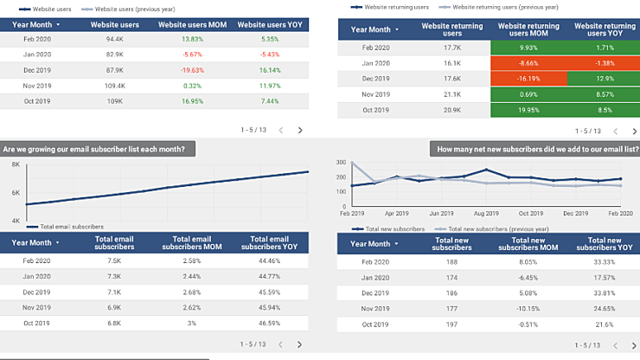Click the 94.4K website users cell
coord(114,39)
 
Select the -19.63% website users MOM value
coord(192,70)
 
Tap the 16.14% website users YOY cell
coord(269,70)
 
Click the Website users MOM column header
coord(192,23)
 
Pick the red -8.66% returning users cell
coord(528,63)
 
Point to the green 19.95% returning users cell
coord(528,110)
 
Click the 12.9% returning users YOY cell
coord(605,79)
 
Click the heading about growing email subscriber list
coord(95,149)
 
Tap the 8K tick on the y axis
coord(16,164)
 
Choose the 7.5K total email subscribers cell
coord(114,260)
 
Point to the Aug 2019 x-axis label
coord(486,213)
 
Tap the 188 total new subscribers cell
coord(451,260)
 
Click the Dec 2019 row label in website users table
coord(37,70)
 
